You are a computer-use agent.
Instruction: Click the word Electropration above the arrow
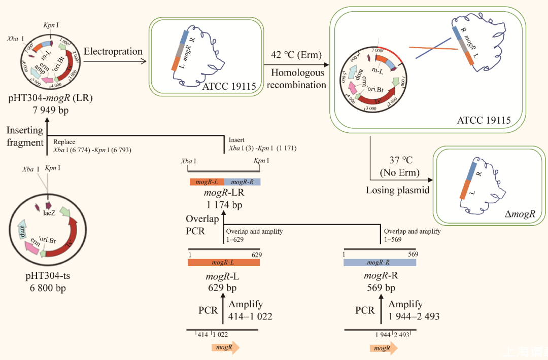(x=113, y=51)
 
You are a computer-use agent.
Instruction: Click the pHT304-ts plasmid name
(x=47, y=276)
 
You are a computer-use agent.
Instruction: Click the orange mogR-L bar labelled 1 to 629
(x=223, y=263)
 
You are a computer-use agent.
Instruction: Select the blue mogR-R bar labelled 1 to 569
(x=380, y=263)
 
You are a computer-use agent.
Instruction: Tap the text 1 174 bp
(x=224, y=205)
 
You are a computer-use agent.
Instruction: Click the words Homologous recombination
(x=297, y=79)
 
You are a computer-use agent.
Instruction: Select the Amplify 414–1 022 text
(x=250, y=310)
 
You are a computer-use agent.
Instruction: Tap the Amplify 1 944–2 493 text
(x=414, y=310)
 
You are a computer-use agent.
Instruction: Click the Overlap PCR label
(x=202, y=225)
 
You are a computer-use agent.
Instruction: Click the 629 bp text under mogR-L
(x=223, y=288)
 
